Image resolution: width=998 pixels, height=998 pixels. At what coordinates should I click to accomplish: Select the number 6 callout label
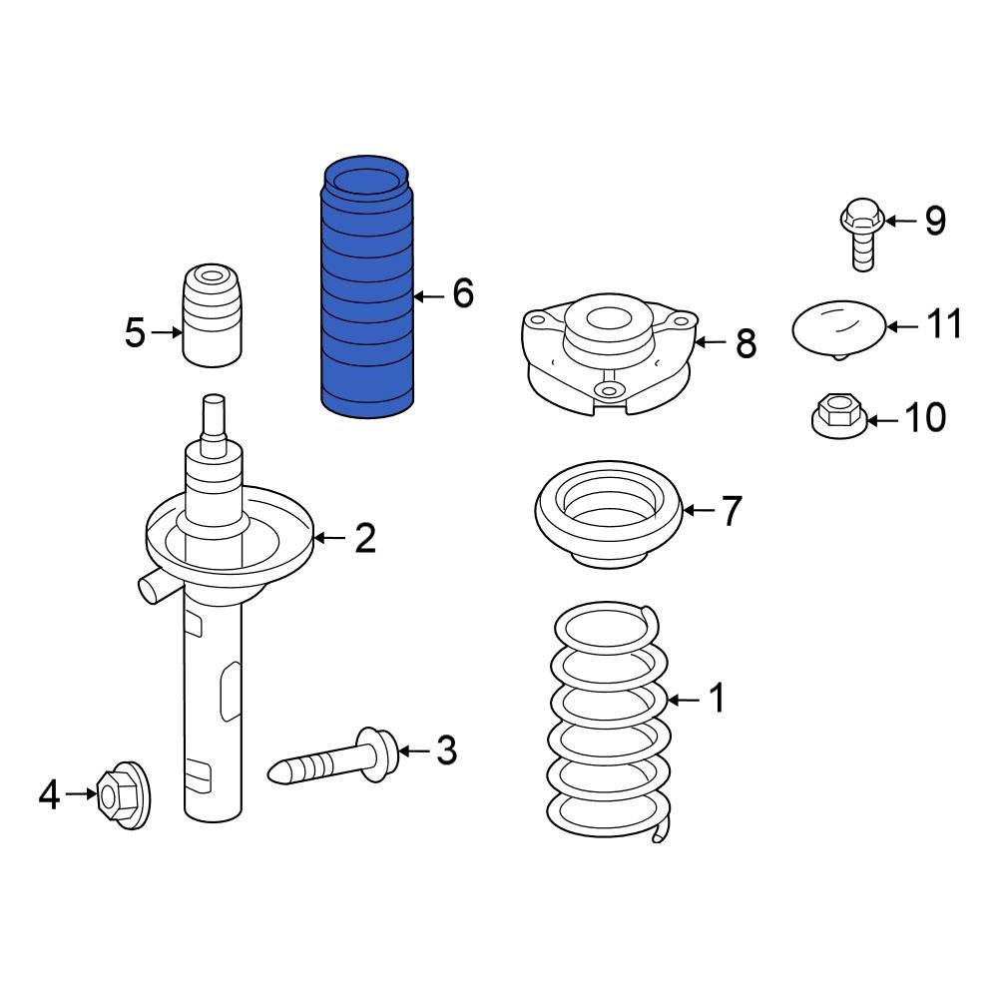(462, 294)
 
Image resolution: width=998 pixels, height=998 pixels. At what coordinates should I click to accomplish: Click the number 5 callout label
(135, 333)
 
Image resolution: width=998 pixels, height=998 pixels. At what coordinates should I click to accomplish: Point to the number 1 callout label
(716, 700)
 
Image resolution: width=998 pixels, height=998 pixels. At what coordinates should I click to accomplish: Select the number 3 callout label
(445, 749)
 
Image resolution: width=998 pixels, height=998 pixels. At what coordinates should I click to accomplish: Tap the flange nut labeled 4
(123, 796)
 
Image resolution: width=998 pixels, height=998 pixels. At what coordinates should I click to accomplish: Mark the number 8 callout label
(746, 344)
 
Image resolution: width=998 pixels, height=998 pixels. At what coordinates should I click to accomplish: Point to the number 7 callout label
(732, 511)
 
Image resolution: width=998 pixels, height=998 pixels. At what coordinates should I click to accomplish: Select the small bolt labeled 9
(861, 234)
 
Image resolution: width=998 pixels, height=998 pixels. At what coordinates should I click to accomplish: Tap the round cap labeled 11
(838, 326)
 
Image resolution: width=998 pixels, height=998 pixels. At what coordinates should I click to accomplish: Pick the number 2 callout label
(365, 539)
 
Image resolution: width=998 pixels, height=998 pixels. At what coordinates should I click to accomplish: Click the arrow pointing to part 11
(902, 325)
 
